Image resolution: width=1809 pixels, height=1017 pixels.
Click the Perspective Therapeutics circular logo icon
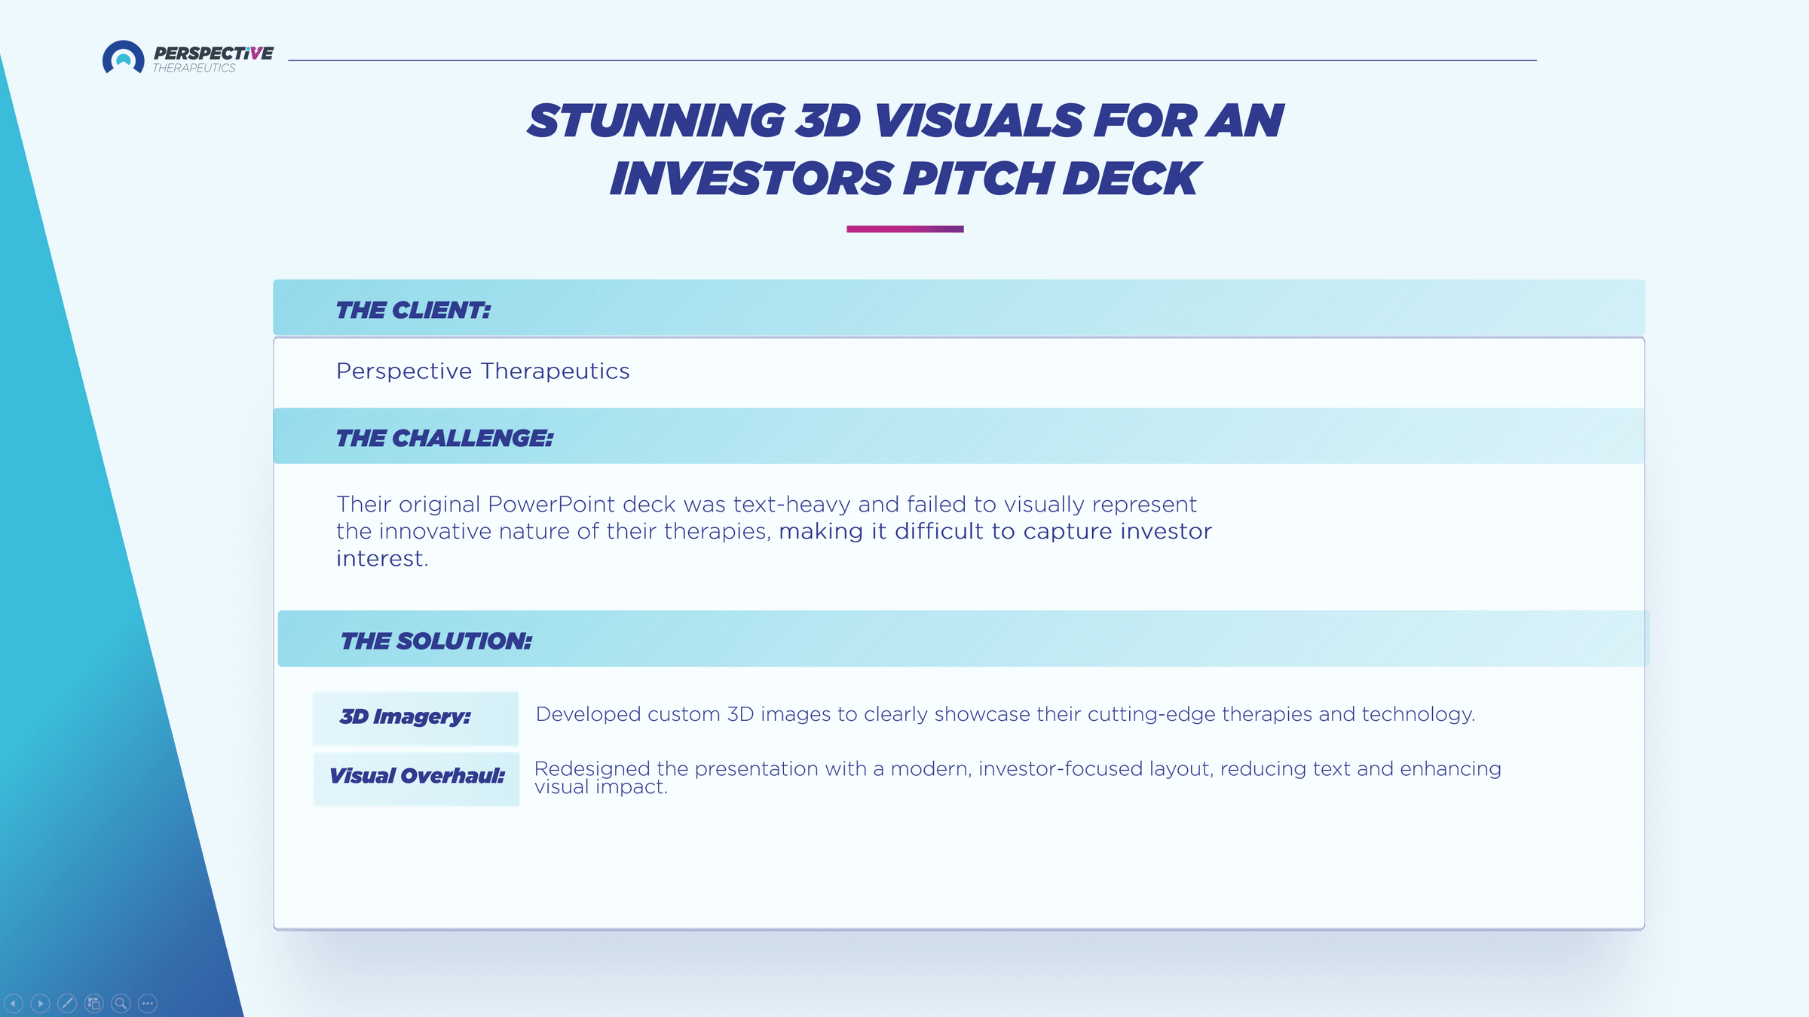123,57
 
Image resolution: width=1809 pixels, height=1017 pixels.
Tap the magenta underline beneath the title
904,229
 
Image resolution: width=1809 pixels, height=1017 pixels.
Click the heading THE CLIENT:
413,310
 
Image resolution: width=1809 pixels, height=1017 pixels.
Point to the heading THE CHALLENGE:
445,438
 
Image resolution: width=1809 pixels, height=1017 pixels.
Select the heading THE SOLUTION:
436,641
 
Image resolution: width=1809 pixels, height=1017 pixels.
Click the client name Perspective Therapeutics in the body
482,371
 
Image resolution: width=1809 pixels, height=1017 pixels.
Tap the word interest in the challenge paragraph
379,558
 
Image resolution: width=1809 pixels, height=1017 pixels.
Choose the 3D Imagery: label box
415,718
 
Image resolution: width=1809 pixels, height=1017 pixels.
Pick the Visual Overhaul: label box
416,779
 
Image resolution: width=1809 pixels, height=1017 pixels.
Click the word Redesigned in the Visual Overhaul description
592,768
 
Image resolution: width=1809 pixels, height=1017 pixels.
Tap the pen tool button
67,1003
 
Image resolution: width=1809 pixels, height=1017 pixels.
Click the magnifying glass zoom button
121,1003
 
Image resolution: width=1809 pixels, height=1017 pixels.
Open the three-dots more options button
148,1003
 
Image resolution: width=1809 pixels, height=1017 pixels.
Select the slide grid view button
94,1003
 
